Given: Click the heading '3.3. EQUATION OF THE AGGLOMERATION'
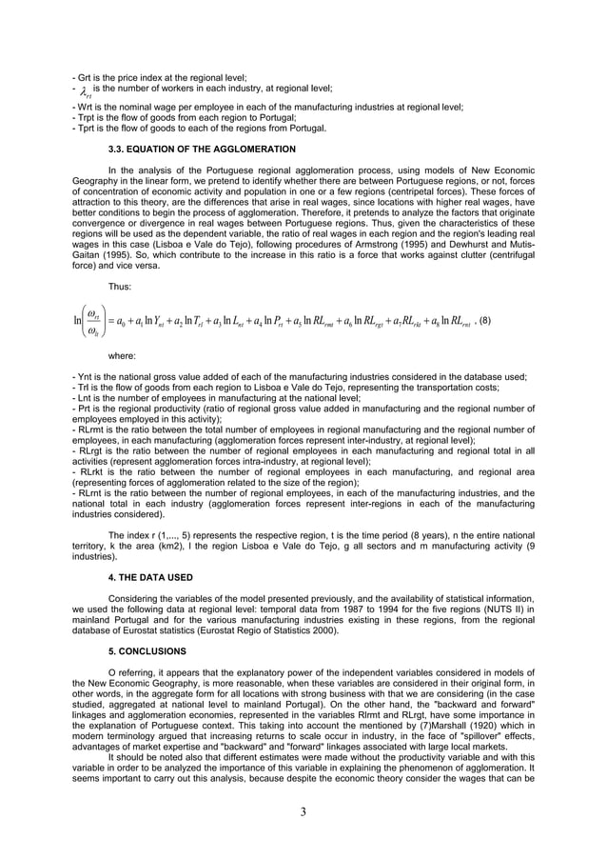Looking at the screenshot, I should [x=202, y=150].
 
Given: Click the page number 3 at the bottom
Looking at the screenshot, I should [x=303, y=814].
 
